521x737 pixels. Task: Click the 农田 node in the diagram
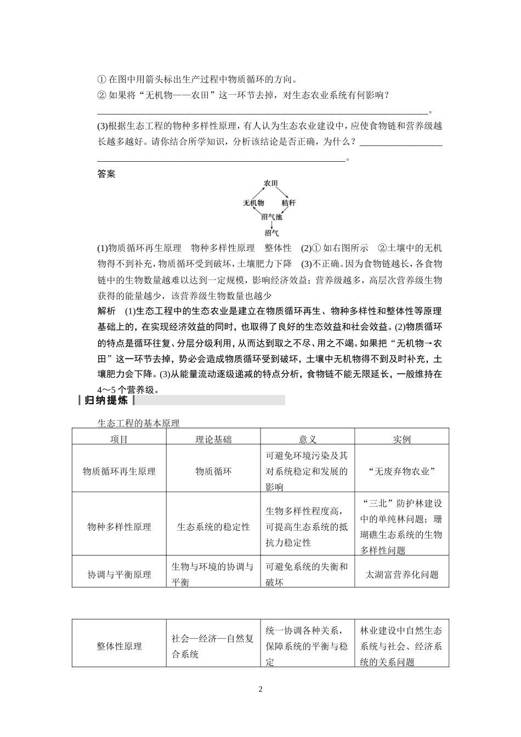[271, 183]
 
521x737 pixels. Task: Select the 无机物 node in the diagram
[253, 203]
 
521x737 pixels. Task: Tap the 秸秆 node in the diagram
[288, 203]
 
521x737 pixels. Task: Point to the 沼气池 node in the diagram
[271, 217]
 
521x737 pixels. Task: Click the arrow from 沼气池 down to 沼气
[271, 225]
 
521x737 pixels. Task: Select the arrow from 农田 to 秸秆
[281, 193]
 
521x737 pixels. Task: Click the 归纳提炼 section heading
[106, 400]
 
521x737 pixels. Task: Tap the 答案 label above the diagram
[106, 174]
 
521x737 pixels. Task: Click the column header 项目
[119, 439]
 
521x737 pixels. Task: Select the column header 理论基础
[213, 439]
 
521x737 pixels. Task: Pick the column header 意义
[308, 439]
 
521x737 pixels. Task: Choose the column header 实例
[402, 439]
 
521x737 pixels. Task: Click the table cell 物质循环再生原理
[119, 471]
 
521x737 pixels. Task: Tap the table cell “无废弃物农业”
[402, 471]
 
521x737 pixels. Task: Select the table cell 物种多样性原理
[119, 527]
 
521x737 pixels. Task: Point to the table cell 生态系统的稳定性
[213, 527]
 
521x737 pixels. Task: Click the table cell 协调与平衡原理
[119, 575]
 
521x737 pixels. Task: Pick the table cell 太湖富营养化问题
[402, 575]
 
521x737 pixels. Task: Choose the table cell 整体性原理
[119, 647]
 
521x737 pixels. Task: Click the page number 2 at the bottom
[260, 689]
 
